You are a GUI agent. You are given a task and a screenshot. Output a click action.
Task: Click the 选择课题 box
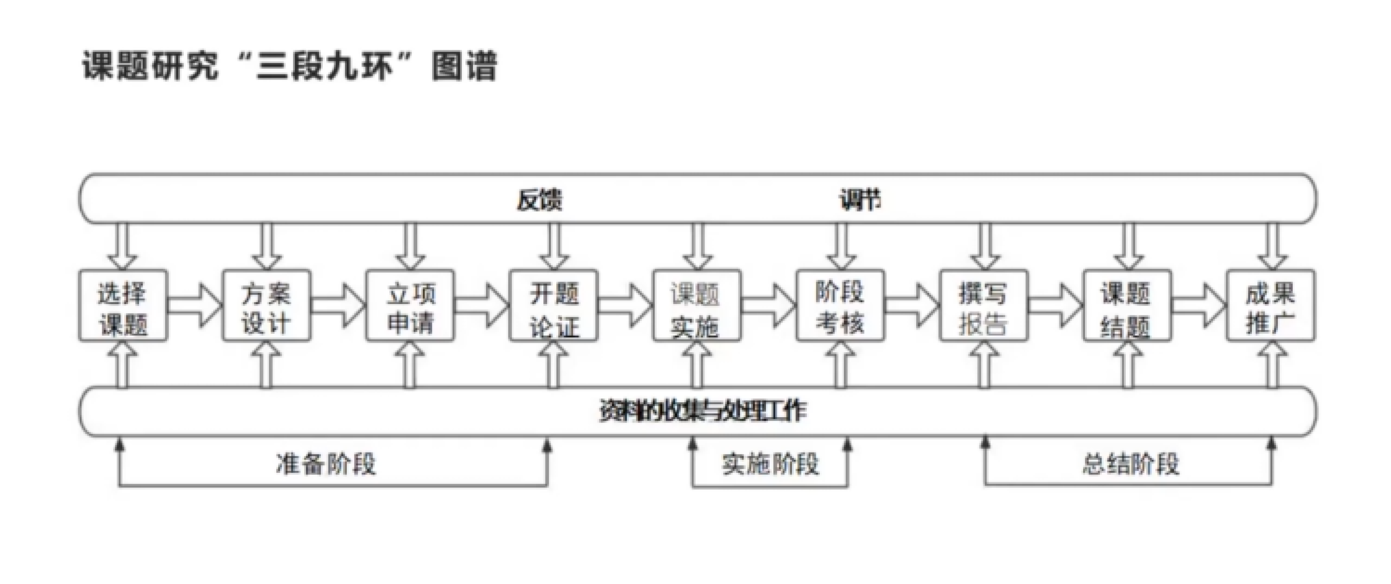[123, 306]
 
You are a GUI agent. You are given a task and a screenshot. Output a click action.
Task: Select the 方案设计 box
[267, 306]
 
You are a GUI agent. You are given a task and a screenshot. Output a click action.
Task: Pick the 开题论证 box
[554, 306]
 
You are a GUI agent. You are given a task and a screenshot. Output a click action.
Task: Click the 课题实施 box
[696, 306]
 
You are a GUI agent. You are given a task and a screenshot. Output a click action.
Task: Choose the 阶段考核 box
[840, 306]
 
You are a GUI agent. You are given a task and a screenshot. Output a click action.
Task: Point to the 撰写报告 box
[984, 306]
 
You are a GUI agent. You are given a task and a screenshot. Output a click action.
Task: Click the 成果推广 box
[1271, 306]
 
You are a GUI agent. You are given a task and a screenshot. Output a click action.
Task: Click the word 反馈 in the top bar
[540, 200]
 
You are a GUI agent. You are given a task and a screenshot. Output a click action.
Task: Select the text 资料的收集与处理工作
[703, 411]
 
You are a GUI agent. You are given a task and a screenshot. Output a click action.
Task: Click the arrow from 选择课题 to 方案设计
[195, 306]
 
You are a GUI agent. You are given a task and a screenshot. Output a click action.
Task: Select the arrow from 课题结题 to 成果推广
[1199, 306]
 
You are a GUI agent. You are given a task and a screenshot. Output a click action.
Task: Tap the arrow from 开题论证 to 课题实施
[625, 306]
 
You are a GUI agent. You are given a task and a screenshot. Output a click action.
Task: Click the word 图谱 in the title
[464, 66]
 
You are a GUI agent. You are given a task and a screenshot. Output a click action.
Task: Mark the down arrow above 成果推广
[1272, 246]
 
